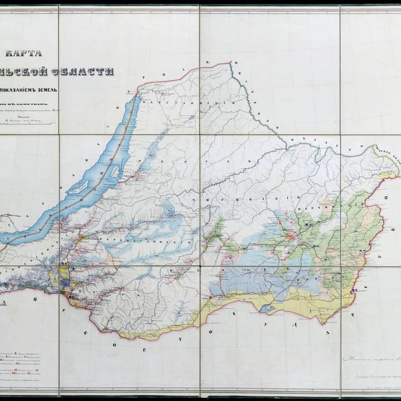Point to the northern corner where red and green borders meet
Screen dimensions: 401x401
[230, 63]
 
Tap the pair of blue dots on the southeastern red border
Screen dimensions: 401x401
[354, 290]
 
